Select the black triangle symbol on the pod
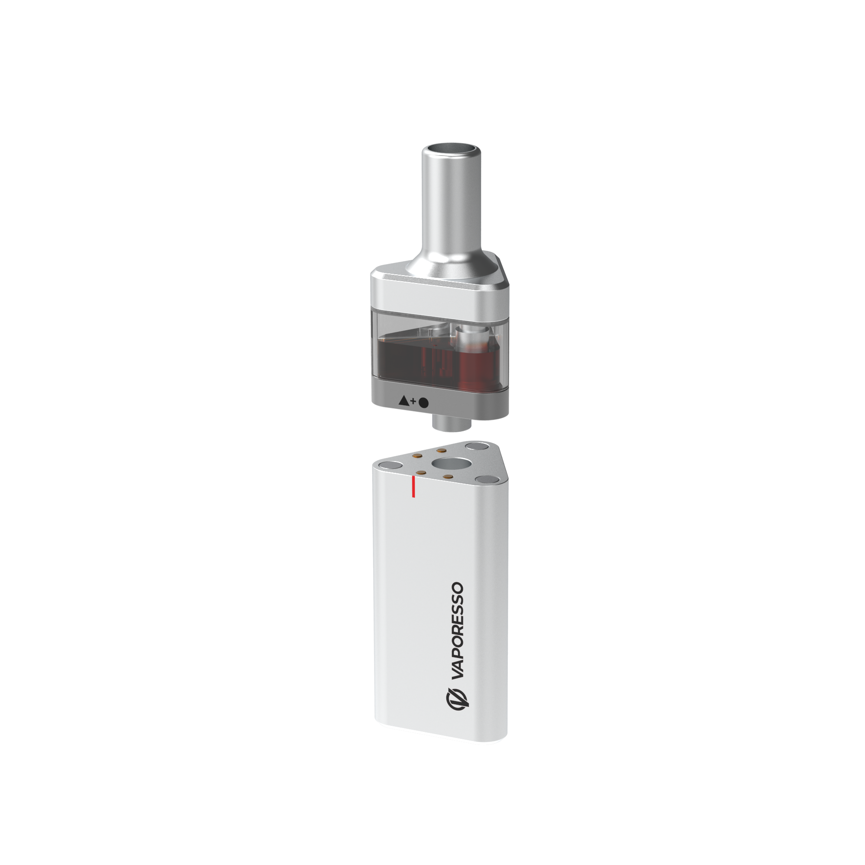coord(404,400)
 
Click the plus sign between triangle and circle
coord(414,401)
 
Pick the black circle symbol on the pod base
coord(423,403)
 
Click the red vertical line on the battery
coord(413,487)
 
